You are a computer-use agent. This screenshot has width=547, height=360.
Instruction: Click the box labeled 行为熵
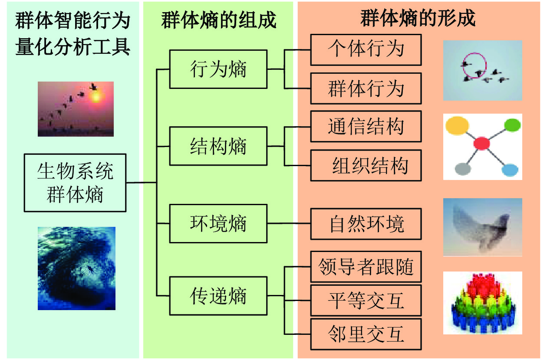pos(218,69)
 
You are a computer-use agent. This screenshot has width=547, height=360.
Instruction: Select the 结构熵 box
pos(218,146)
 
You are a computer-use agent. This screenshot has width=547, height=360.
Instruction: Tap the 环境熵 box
pos(218,223)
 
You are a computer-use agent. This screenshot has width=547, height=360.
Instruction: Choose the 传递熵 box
pos(218,296)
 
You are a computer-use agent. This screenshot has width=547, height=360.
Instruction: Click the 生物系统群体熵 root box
pos(75,183)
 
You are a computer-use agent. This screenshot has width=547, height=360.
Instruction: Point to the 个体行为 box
pos(366,50)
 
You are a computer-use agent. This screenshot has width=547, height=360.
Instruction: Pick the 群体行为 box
pos(366,88)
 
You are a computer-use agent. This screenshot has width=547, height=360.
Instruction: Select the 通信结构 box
pos(366,126)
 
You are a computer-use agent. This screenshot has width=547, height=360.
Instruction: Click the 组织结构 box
pos(366,165)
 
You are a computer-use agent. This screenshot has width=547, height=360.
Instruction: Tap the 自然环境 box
pos(366,224)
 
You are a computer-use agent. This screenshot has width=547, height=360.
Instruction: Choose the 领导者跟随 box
pos(366,267)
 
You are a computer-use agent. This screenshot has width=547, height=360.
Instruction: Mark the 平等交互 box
pos(366,300)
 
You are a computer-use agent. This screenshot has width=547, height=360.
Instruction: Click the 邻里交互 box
pos(366,334)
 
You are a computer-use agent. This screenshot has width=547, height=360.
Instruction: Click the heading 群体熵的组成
pos(218,20)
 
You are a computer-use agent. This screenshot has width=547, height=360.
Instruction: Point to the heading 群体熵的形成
pos(418,18)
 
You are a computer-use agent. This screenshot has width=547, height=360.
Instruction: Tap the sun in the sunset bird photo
pos(96,96)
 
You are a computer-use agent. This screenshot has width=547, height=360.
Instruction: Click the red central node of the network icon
pos(481,143)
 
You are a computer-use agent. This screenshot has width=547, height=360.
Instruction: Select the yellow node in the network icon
pos(457,126)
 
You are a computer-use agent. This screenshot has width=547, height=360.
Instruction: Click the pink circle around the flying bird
pos(475,65)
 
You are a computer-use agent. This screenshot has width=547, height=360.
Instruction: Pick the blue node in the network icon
pos(510,170)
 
